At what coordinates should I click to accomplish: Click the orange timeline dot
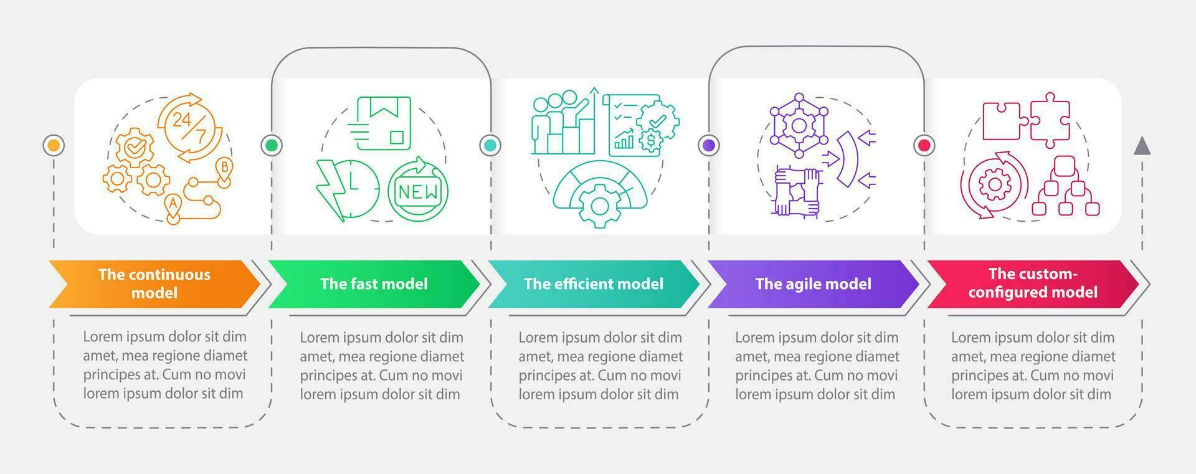point(54,146)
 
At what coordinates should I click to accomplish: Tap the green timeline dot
point(272,146)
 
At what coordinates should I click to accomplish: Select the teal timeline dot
point(490,146)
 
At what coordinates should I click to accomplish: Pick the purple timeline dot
point(709,146)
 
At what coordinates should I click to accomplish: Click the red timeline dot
point(924,146)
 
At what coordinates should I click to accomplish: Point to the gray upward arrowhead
point(1142,146)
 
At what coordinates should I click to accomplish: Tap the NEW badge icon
point(418,190)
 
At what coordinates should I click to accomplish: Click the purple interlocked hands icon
point(797,191)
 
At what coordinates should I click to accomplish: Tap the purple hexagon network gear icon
point(799,125)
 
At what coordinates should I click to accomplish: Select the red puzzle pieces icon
point(1026,120)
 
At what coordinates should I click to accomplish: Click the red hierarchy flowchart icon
point(1065,187)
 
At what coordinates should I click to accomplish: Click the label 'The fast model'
point(374,284)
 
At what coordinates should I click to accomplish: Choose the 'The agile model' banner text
point(813,284)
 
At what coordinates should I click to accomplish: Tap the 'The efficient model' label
point(593,284)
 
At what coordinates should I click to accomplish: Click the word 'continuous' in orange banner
point(170,275)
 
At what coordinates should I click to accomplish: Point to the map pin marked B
point(224,169)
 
